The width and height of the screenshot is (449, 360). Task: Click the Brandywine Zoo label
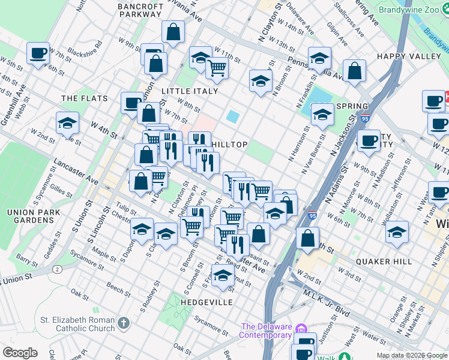(x=411, y=11)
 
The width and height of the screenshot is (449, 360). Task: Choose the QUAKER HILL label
(x=384, y=262)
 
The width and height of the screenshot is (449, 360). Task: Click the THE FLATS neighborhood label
(x=84, y=98)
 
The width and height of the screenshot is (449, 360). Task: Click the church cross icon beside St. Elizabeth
(x=123, y=324)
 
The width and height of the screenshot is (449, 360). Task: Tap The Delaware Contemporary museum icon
(x=301, y=329)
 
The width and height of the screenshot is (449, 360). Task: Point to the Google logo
(x=20, y=353)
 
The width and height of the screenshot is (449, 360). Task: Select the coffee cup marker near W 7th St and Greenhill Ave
(x=38, y=53)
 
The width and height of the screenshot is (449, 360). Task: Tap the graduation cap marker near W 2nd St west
(x=67, y=123)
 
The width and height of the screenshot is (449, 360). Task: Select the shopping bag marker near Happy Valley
(x=355, y=71)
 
